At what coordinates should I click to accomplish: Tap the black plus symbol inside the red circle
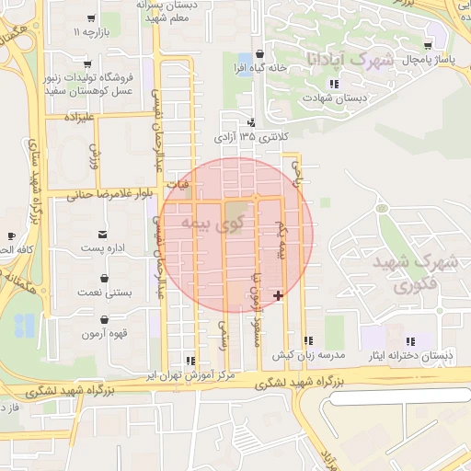[279, 295]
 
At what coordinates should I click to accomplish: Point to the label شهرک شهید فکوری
[417, 273]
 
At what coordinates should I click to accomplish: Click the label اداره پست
[102, 248]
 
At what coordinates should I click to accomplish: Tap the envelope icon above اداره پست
[101, 233]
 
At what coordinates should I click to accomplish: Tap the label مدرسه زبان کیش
[307, 354]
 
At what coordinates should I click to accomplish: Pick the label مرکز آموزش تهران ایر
[191, 376]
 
